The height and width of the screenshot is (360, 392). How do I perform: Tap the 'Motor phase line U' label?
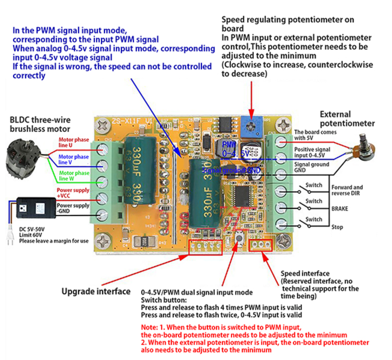click(74, 142)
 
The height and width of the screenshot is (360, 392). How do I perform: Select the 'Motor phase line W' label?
click(74, 175)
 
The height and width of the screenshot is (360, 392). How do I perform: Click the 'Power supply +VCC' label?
click(73, 193)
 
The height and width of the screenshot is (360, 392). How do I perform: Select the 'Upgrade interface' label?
click(96, 291)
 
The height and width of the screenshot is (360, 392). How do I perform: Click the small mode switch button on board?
click(240, 239)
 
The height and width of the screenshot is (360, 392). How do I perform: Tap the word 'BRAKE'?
click(339, 209)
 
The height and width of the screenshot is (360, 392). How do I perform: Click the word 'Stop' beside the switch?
click(337, 227)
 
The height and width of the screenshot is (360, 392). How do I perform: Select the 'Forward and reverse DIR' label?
click(347, 190)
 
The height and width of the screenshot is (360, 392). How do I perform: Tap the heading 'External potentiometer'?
click(347, 119)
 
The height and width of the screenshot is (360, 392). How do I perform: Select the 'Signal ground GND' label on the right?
click(311, 167)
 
